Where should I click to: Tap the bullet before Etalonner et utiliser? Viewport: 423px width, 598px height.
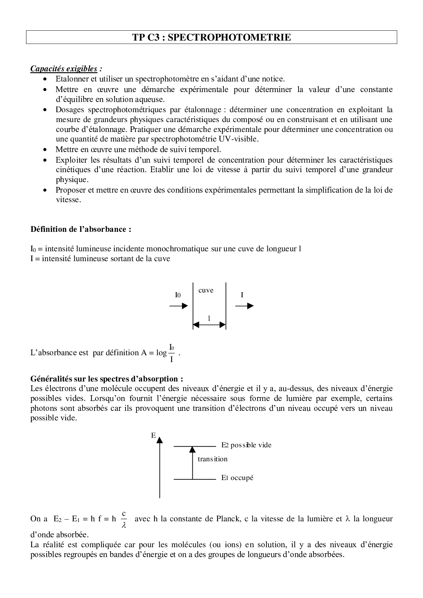45,79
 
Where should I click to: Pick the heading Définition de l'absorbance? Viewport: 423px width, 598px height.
81,229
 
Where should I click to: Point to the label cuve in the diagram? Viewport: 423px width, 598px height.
206,290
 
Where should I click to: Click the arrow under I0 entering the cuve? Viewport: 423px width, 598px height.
178,306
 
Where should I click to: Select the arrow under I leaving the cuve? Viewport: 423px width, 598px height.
244,306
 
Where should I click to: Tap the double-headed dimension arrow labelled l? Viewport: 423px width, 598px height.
209,325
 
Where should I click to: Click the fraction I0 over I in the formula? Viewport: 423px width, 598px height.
172,353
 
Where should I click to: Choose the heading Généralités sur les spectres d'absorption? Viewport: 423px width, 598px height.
107,379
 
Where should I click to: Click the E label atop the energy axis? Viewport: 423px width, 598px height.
153,435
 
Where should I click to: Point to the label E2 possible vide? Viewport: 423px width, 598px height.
246,445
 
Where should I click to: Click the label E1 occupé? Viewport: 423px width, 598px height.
237,478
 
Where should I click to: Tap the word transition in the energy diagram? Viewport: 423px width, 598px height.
212,459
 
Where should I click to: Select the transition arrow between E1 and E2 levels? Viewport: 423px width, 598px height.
192,462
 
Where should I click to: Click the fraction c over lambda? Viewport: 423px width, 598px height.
124,519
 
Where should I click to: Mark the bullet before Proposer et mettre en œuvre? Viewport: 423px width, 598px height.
45,190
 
